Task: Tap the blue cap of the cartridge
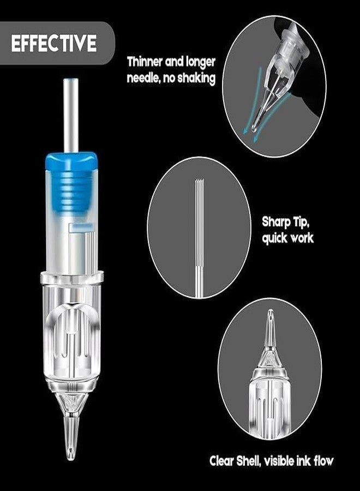coord(71,159)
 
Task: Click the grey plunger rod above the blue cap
coord(71,115)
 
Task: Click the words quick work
coord(287,238)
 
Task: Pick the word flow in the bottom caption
coord(322,461)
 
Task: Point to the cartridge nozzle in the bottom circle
coord(269,327)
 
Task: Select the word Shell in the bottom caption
coord(253,461)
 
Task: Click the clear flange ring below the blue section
coord(71,278)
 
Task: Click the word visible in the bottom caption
coord(280,461)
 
